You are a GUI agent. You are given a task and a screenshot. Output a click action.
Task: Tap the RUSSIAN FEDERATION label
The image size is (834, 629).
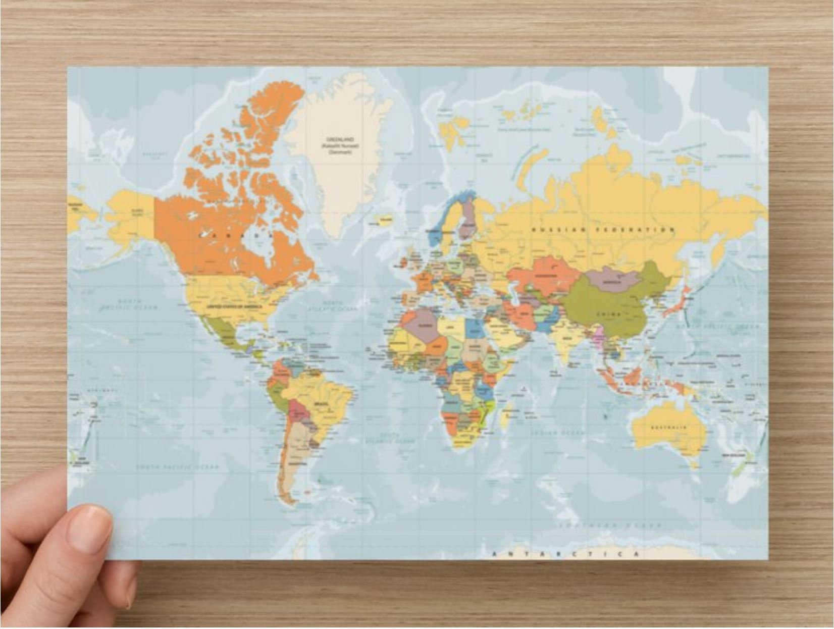tap(603, 230)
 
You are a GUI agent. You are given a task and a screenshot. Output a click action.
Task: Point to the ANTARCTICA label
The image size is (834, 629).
tap(566, 554)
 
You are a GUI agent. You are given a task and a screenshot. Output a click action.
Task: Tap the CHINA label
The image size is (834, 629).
tap(608, 313)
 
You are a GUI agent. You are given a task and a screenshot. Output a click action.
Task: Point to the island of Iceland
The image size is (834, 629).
tap(385, 221)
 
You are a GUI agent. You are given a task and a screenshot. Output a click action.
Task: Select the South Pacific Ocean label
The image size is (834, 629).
tap(177, 467)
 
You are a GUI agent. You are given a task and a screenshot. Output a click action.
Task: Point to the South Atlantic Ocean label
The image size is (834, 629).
tap(390, 438)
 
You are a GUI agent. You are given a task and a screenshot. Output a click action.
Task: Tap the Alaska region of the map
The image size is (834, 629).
tap(129, 212)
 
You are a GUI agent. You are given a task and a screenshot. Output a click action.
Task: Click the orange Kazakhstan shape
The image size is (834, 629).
tap(543, 276)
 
